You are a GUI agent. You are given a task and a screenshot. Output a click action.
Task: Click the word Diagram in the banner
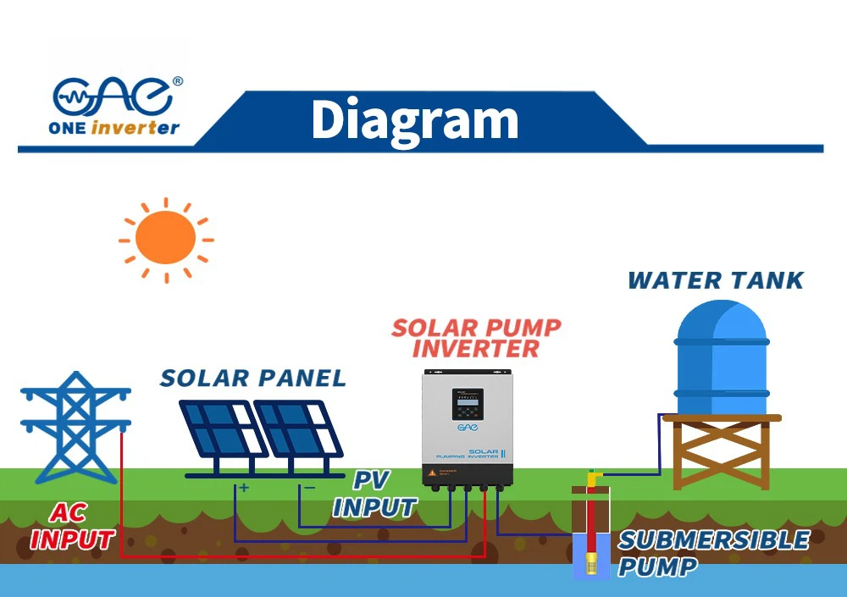(414, 119)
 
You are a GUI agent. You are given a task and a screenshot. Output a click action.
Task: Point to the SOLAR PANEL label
(252, 378)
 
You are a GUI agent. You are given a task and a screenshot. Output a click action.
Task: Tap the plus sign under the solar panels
(244, 487)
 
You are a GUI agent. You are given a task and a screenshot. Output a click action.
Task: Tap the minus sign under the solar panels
(309, 487)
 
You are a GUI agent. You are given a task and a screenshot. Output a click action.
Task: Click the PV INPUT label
(374, 495)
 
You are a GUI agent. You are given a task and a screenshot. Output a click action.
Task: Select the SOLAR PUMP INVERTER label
(476, 338)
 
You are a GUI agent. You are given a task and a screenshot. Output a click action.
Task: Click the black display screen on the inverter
(467, 403)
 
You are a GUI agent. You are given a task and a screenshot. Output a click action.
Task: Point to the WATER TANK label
(715, 280)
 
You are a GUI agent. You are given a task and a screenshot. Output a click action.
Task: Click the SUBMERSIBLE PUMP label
(713, 552)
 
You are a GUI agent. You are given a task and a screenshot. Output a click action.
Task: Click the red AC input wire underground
(296, 556)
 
